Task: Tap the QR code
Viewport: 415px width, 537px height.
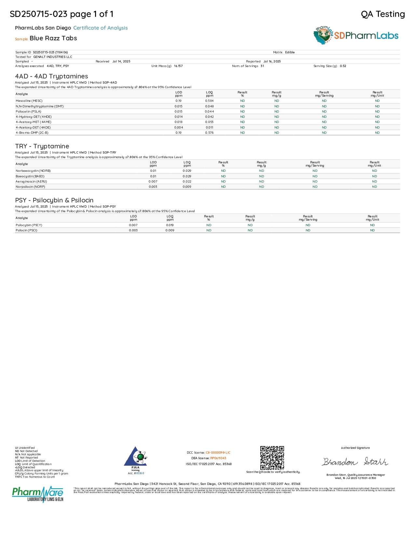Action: click(272, 458)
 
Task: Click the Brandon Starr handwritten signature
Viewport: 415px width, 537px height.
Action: click(355, 462)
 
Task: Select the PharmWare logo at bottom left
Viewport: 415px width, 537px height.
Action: click(38, 494)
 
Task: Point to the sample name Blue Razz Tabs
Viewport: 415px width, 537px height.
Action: click(53, 38)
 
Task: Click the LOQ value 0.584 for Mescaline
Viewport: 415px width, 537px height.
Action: click(209, 101)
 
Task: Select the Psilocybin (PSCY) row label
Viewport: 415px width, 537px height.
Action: click(29, 225)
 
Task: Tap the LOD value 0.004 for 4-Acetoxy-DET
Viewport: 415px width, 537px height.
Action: click(178, 128)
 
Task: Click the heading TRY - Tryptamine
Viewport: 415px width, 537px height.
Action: click(42, 146)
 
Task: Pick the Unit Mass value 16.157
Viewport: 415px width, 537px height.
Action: click(178, 66)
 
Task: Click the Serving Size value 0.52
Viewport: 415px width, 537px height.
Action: click(343, 66)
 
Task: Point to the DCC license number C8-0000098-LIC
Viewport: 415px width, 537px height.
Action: click(218, 453)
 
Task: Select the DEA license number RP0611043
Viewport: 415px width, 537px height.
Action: click(218, 458)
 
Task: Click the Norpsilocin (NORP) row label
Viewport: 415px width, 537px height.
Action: click(30, 187)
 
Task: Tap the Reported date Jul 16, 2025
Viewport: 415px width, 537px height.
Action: click(272, 62)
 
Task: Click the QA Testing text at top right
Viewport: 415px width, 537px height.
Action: click(383, 14)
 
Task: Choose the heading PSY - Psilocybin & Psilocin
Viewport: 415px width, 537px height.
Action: click(54, 200)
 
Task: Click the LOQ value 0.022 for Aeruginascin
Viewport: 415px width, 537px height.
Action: click(187, 182)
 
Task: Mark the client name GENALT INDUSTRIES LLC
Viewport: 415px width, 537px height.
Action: click(53, 57)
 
